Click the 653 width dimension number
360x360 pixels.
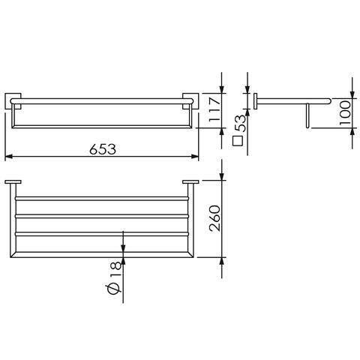click(103, 149)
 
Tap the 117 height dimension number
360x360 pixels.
click(215, 109)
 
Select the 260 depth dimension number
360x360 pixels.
click(215, 218)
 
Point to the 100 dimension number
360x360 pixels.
click(345, 112)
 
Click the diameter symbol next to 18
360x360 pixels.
click(115, 289)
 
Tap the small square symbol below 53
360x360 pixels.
click(238, 141)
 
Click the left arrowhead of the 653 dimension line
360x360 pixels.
click(9, 157)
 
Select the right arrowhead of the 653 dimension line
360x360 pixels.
click(195, 157)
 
